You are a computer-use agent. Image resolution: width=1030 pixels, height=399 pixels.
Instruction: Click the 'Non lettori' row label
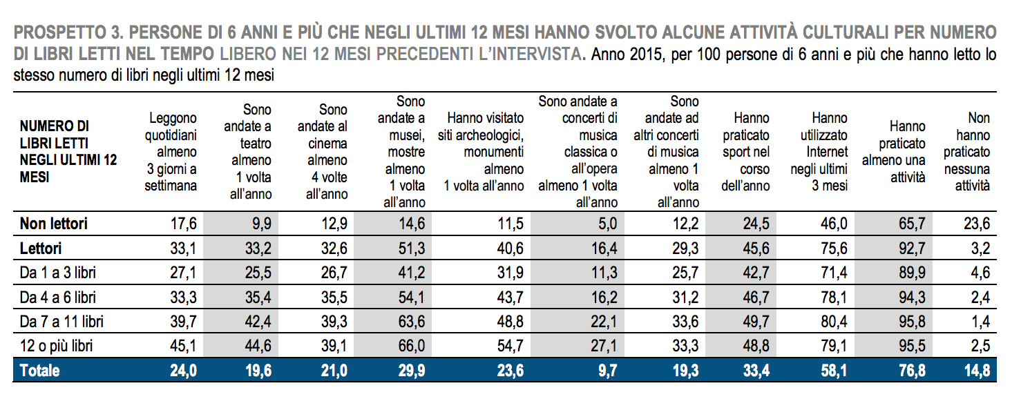point(54,224)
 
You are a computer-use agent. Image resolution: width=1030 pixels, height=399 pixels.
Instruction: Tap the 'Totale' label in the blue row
point(40,371)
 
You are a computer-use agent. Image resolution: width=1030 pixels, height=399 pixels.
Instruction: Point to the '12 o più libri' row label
point(57,346)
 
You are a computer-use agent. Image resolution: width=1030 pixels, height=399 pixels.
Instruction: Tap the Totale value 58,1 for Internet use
point(834,371)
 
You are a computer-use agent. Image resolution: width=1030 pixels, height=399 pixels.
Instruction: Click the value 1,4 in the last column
point(980,322)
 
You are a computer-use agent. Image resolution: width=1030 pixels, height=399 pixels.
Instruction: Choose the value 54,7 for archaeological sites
point(510,346)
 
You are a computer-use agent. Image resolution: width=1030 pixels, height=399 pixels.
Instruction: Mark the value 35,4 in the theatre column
point(258,298)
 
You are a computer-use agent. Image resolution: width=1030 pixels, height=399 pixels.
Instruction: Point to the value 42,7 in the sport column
point(754,273)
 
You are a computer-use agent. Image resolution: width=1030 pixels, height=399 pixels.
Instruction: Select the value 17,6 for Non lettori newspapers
point(183,224)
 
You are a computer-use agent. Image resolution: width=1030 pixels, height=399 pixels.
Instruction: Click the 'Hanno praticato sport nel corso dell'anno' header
point(745,152)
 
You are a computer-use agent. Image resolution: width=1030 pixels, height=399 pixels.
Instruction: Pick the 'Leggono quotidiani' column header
point(171,152)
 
